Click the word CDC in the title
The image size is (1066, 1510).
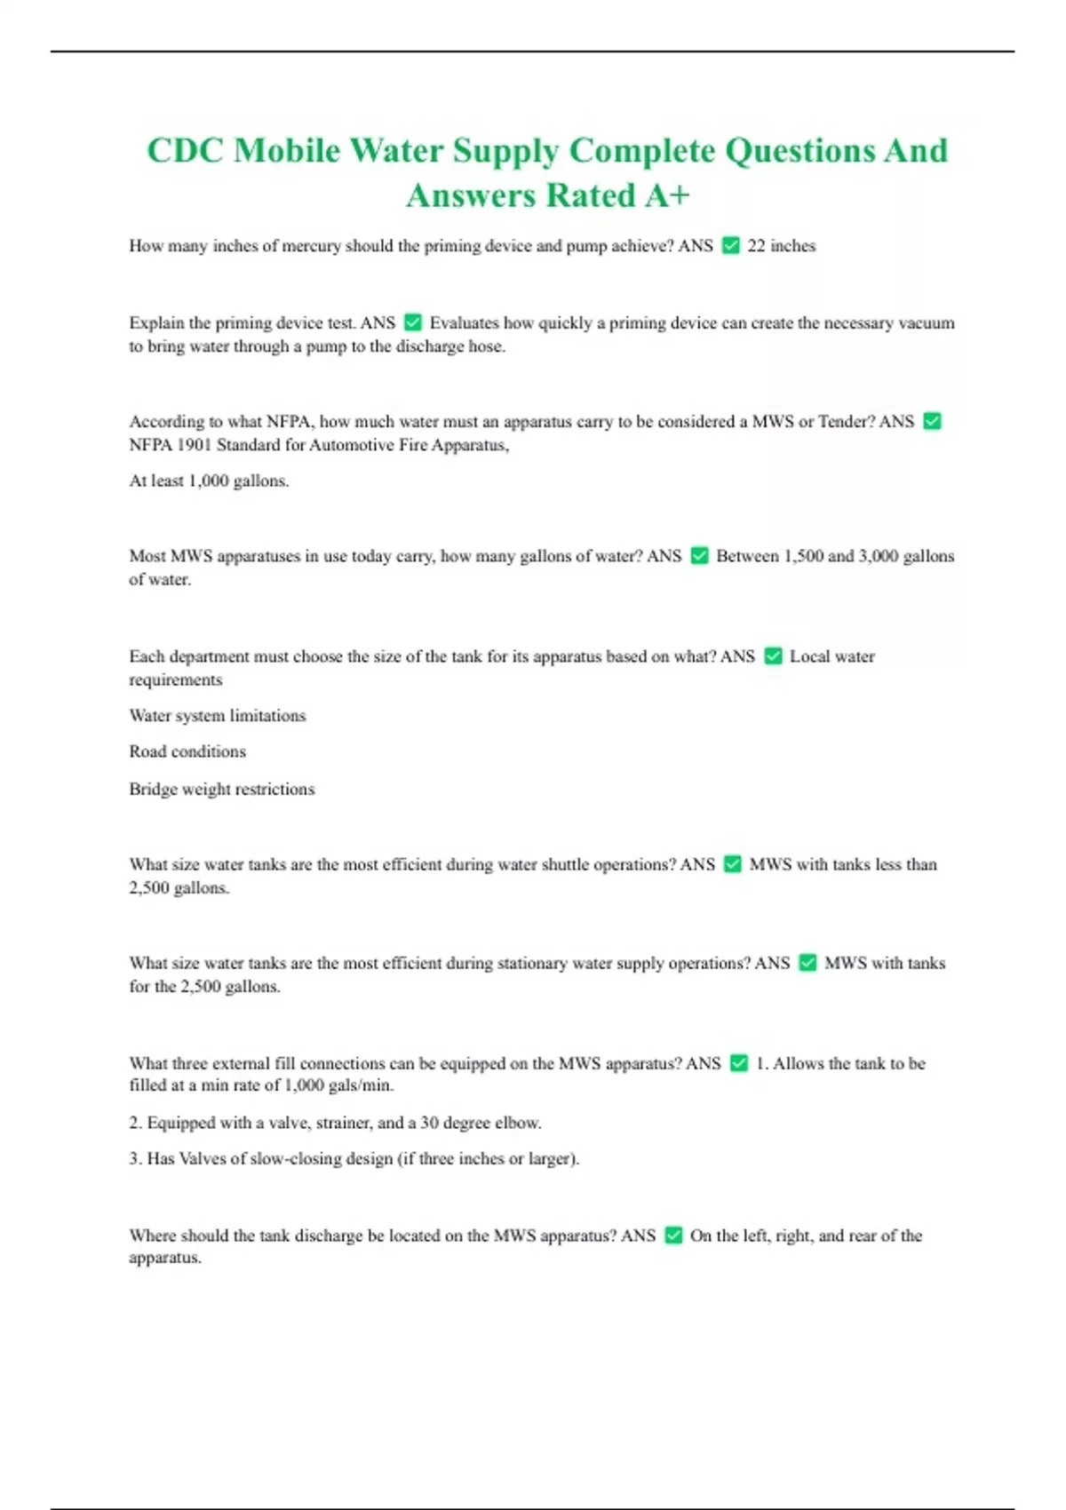point(184,150)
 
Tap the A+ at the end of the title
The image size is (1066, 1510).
point(666,195)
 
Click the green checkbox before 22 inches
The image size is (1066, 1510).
point(731,245)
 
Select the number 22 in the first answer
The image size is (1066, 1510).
point(756,246)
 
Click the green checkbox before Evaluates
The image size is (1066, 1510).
point(412,322)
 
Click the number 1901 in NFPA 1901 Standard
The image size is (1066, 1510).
point(193,445)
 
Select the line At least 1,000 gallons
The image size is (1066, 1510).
point(209,481)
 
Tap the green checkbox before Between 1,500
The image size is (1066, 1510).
point(699,556)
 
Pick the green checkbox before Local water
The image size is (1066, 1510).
point(773,656)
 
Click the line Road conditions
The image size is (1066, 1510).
point(187,751)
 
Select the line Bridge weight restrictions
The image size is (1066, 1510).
point(222,789)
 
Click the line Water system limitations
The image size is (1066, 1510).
point(218,715)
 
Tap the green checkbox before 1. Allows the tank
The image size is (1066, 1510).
point(739,1063)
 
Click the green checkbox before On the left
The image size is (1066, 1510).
point(673,1236)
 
